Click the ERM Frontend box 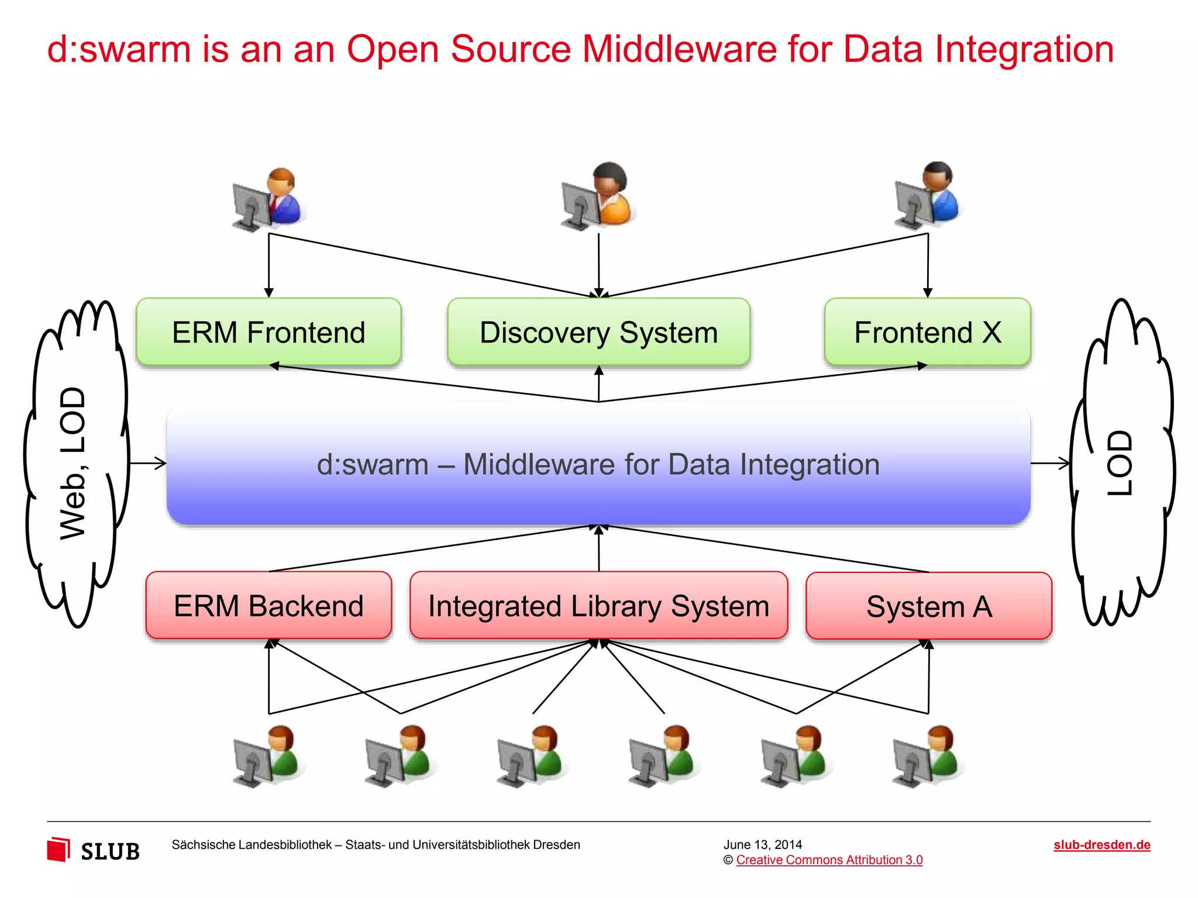tap(268, 332)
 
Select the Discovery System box tap(598, 332)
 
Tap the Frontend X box tap(927, 332)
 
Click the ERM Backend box tap(268, 606)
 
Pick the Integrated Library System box tap(598, 606)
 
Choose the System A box tap(929, 606)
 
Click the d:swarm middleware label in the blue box tap(598, 465)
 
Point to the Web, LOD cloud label tap(73, 463)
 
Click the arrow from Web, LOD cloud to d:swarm tap(147, 464)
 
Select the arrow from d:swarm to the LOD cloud tap(1050, 464)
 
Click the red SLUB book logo tap(58, 849)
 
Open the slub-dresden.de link tap(1101, 845)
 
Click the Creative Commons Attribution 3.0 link tap(829, 860)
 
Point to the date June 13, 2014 tap(762, 845)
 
